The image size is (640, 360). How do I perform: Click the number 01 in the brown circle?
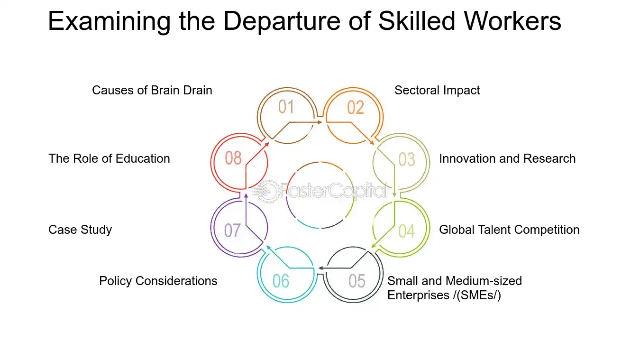286,107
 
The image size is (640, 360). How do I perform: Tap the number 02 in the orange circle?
356,108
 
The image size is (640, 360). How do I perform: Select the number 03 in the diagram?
407,159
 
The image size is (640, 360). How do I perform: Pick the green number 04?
407,231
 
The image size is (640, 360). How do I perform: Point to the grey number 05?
357,281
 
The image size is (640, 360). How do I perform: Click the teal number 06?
281,281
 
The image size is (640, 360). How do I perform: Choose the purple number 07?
232,231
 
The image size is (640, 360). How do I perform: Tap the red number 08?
233,158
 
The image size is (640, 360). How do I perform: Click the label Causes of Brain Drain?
152,91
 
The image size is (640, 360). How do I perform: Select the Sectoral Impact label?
437,91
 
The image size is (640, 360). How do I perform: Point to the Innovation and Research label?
507,159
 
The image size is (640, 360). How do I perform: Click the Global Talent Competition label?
509,230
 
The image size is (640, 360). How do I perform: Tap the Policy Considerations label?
158,281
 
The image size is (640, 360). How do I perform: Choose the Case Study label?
80,230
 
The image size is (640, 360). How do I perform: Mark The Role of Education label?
109,159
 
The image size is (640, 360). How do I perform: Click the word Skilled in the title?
417,21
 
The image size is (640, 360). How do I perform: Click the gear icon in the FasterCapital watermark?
268,192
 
